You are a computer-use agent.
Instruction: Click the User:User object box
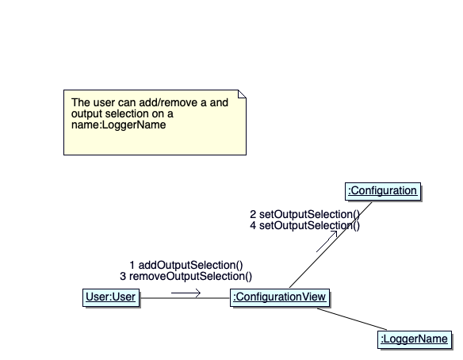tap(111, 297)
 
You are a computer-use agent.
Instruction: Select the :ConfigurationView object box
tap(280, 297)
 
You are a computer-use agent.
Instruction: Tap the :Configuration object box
tap(383, 191)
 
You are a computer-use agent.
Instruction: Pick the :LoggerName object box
tap(415, 339)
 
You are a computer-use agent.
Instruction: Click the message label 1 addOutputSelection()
tap(186, 265)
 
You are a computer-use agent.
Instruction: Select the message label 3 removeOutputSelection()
tap(186, 276)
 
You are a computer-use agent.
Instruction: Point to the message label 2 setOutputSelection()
tap(304, 214)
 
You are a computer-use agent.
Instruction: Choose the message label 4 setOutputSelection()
tap(304, 225)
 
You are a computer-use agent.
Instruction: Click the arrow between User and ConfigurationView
tap(186, 293)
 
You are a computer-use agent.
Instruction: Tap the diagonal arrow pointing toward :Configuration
tap(327, 241)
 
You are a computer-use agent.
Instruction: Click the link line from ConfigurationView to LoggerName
tap(352, 319)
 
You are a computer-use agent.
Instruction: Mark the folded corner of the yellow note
tap(242, 94)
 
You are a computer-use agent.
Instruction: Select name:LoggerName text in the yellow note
tap(118, 124)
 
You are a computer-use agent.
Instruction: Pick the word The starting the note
tap(81, 102)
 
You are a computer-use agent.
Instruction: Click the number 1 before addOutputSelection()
tap(132, 265)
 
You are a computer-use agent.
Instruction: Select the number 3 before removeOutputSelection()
tap(123, 276)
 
